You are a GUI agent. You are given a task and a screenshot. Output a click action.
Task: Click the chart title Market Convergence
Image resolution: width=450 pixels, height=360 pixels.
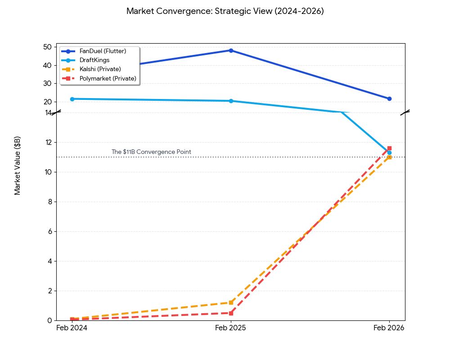click(x=225, y=11)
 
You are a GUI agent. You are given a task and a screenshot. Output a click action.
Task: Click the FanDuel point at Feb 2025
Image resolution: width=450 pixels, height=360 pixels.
click(x=231, y=50)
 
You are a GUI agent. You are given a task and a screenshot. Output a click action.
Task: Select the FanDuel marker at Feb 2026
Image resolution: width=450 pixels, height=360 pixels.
click(x=389, y=99)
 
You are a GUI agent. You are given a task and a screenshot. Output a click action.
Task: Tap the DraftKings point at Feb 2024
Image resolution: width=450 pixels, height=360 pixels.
click(x=72, y=99)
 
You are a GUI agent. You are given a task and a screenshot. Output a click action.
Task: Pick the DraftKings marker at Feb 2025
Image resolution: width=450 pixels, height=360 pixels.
click(x=231, y=101)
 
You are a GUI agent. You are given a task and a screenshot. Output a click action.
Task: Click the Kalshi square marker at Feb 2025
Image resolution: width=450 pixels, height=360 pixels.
click(x=231, y=302)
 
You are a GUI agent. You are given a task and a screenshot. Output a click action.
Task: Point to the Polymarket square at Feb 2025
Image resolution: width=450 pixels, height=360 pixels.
click(x=231, y=313)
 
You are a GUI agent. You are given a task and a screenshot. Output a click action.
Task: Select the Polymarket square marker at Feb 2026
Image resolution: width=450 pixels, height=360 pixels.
click(x=389, y=148)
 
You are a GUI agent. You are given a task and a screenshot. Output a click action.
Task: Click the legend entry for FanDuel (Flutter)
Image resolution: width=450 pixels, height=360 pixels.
click(x=103, y=51)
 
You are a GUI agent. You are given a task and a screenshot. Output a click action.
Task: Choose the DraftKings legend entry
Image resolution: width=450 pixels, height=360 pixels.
click(x=94, y=60)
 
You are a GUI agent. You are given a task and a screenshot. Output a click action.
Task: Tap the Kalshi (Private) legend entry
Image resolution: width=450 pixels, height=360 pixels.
click(x=100, y=69)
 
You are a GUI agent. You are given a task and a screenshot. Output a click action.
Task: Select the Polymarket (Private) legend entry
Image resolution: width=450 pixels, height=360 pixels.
click(x=108, y=78)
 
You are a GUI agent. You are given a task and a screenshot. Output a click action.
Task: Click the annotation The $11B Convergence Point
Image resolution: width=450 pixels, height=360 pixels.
click(x=151, y=152)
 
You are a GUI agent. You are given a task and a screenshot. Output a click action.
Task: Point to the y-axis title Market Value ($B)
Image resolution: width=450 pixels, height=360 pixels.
click(x=18, y=166)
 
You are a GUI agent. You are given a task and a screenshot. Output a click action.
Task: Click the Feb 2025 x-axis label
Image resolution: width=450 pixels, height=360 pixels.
click(x=230, y=328)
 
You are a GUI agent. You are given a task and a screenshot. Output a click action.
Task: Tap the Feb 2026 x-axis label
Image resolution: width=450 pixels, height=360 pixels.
click(x=389, y=328)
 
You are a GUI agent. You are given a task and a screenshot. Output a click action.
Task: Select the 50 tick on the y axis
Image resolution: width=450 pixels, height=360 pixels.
click(x=47, y=47)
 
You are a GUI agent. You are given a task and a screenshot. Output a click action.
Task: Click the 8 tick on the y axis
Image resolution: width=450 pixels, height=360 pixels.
click(x=49, y=202)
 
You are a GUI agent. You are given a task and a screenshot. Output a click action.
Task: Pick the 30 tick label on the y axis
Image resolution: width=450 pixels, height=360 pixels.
click(x=47, y=83)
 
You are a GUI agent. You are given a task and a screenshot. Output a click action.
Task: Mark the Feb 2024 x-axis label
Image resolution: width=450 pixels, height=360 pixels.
click(x=72, y=328)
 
